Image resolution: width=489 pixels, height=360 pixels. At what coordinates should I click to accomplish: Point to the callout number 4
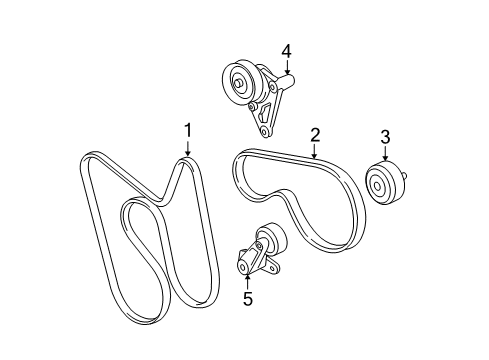tap(286, 49)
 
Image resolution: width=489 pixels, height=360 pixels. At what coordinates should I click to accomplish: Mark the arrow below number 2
tap(314, 151)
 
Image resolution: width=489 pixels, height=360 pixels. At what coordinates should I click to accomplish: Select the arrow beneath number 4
tap(286, 67)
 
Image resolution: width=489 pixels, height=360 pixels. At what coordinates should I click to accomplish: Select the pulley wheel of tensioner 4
tap(241, 81)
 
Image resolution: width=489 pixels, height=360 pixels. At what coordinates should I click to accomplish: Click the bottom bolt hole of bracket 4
tap(264, 130)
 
